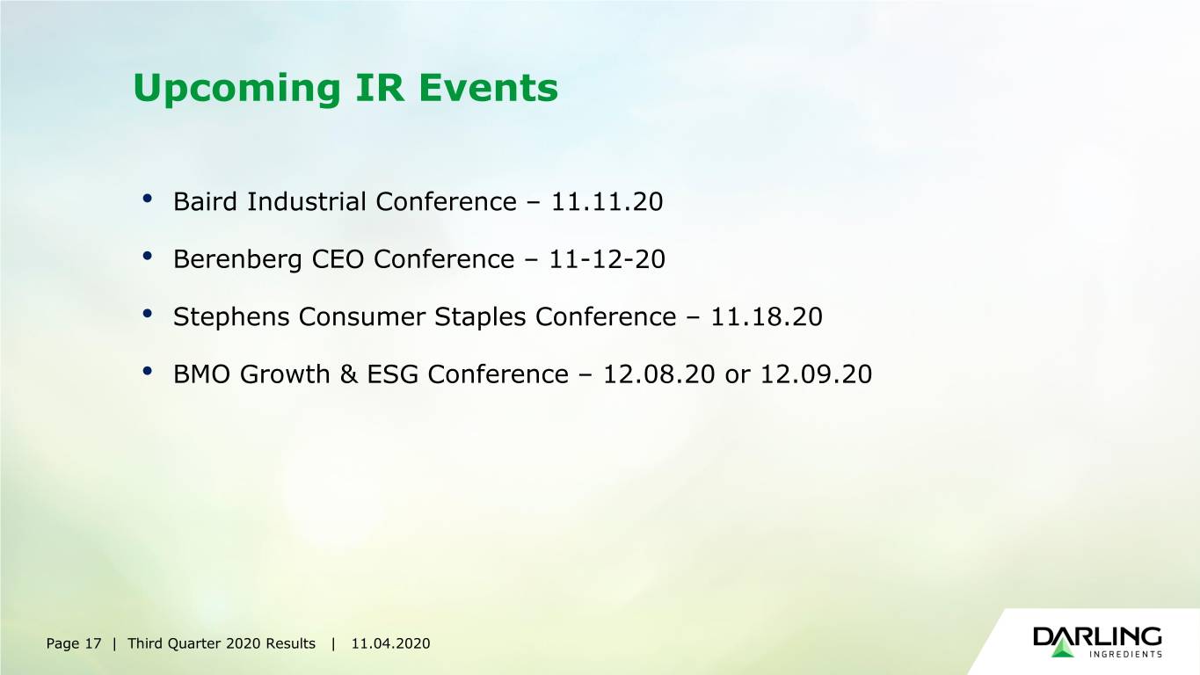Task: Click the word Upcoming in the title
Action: coord(236,89)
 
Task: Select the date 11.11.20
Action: coord(607,202)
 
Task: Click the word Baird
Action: coord(205,202)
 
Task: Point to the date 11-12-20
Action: coord(607,259)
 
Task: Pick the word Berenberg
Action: coord(237,260)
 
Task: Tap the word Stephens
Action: coord(231,317)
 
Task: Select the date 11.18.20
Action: coord(767,316)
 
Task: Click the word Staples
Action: coord(480,317)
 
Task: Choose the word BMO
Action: coord(201,374)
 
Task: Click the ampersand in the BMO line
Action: coord(348,374)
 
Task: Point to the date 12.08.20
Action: coord(659,374)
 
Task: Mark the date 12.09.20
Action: coord(817,374)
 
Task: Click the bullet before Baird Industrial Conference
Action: coord(148,199)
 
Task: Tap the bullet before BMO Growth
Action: coord(148,371)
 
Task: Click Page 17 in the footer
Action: coord(73,643)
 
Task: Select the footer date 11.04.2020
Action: coord(390,643)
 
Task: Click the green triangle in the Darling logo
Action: coord(1063,648)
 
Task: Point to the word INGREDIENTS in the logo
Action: coord(1125,654)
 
